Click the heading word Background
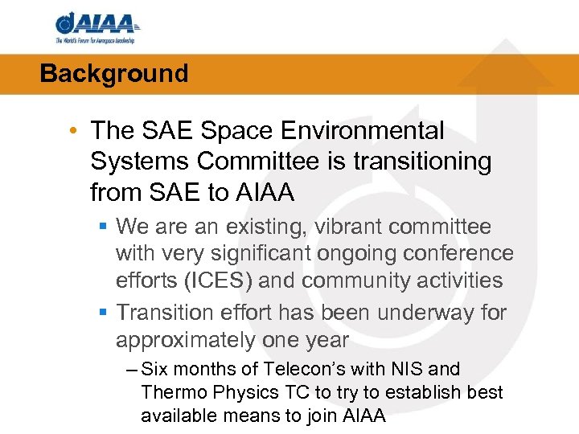[x=113, y=74]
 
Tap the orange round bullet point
[x=74, y=130]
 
